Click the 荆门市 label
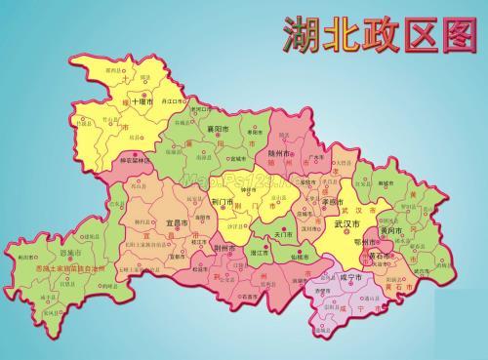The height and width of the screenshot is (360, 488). (223, 202)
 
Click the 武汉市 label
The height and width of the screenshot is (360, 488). (348, 223)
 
